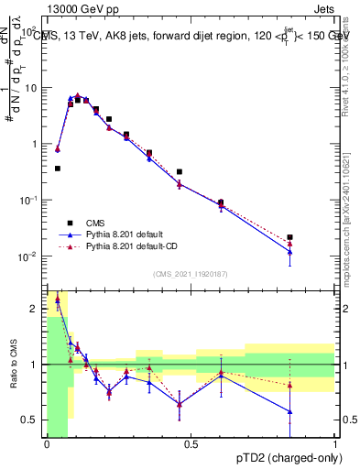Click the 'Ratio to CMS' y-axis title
[x=13, y=365]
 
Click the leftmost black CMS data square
[x=58, y=169]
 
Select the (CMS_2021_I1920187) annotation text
[x=191, y=273]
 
